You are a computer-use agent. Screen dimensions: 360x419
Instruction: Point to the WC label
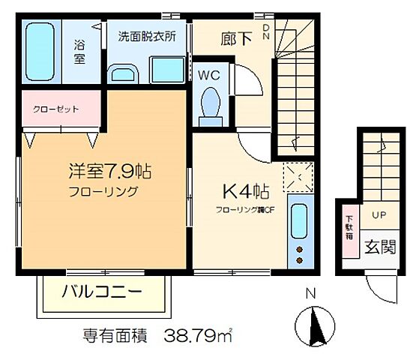pos(208,75)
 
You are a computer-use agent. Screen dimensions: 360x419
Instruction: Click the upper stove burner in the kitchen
pos(299,248)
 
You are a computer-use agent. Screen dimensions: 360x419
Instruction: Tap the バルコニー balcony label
pos(104,292)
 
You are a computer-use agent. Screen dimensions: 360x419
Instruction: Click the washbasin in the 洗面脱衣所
pos(123,74)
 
